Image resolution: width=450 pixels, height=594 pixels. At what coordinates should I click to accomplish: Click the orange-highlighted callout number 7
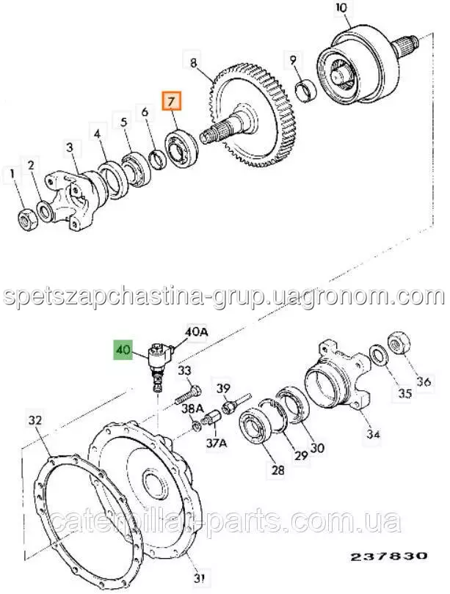click(x=172, y=100)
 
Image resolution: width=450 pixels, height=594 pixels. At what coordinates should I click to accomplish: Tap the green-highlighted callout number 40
click(x=123, y=349)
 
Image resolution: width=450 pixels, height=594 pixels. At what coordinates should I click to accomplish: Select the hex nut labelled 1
click(x=27, y=219)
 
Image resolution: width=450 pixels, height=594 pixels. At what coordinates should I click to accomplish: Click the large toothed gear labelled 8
click(x=252, y=116)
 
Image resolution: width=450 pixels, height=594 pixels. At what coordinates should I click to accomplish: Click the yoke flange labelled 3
click(x=76, y=197)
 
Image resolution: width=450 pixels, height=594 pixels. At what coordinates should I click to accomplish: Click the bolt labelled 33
click(x=187, y=395)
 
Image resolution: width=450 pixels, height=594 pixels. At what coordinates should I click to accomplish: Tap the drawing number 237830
click(x=388, y=556)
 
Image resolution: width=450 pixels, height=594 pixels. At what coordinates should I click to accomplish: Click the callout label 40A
click(x=197, y=332)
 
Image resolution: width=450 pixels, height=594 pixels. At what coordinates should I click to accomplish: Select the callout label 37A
click(x=216, y=443)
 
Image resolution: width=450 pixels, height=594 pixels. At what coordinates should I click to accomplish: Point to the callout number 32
click(x=37, y=420)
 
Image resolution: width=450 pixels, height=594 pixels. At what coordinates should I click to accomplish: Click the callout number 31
click(x=200, y=578)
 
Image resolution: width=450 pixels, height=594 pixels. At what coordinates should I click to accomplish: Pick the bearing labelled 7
click(x=181, y=147)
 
